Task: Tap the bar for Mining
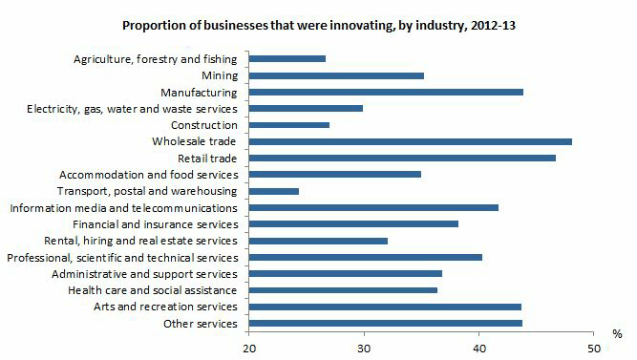(336, 74)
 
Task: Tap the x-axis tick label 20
(249, 348)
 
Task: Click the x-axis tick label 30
(364, 348)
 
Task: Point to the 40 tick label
(478, 348)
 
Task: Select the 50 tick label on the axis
(593, 348)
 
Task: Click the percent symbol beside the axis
(618, 334)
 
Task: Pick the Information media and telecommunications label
(123, 207)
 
